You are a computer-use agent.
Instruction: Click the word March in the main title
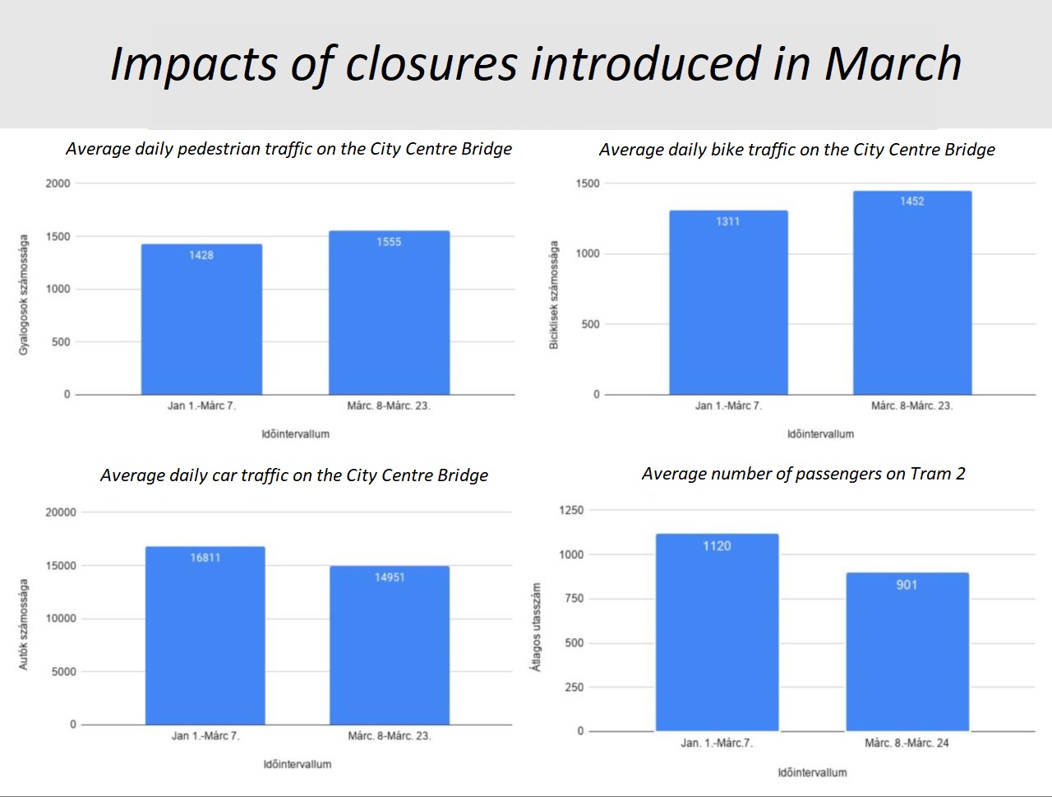(893, 64)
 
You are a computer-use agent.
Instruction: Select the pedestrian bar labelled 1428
(201, 320)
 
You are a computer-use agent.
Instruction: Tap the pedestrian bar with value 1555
(389, 313)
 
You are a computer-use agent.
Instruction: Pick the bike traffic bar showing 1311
(728, 304)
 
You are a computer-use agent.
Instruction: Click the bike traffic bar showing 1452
(912, 294)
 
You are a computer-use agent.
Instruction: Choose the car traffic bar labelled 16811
(205, 636)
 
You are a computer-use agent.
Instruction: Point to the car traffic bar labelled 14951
(390, 646)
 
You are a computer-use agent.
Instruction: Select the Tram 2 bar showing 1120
(717, 633)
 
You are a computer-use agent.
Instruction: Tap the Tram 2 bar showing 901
(907, 652)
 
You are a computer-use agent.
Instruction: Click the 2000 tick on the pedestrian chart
(58, 183)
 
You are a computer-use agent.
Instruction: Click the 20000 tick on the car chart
(61, 512)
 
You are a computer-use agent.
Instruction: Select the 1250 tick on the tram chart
(570, 510)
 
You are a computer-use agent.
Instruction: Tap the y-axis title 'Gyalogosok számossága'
(24, 295)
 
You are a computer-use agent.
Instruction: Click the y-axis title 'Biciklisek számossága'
(554, 295)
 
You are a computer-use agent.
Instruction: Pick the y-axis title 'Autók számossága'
(24, 624)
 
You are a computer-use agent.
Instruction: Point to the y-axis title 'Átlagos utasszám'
(537, 628)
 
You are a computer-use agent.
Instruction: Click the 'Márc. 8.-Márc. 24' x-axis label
(907, 743)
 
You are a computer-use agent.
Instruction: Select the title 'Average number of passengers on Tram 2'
(803, 474)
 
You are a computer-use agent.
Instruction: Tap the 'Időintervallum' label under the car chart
(298, 764)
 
